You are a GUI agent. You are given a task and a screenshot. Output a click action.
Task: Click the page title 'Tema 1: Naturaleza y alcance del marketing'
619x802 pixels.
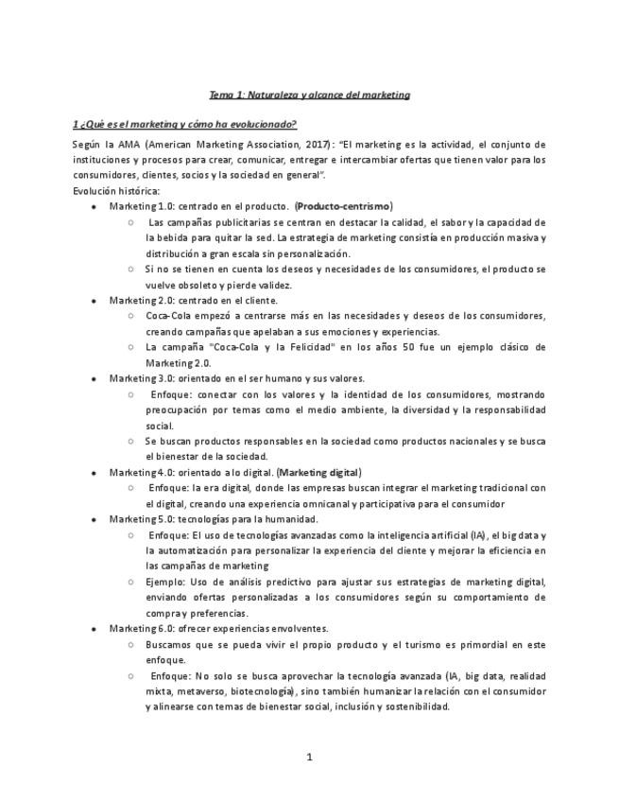(309, 95)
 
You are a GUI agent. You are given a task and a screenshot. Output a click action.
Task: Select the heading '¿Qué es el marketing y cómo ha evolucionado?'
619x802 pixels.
(189, 124)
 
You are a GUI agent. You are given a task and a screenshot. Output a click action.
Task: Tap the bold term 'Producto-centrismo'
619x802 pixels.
(343, 206)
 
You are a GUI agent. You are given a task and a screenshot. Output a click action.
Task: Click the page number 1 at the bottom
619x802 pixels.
(309, 757)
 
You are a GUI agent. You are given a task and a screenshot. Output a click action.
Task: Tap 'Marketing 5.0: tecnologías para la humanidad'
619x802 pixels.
(214, 519)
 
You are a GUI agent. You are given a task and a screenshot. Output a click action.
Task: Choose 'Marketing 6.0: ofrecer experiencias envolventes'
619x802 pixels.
(218, 628)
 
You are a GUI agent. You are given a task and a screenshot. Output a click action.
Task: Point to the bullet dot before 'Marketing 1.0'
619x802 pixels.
(93, 206)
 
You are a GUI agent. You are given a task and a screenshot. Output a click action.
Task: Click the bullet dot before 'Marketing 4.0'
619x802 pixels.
(93, 472)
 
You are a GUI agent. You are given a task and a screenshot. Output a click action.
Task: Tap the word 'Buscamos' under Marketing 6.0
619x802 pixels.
(170, 644)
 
